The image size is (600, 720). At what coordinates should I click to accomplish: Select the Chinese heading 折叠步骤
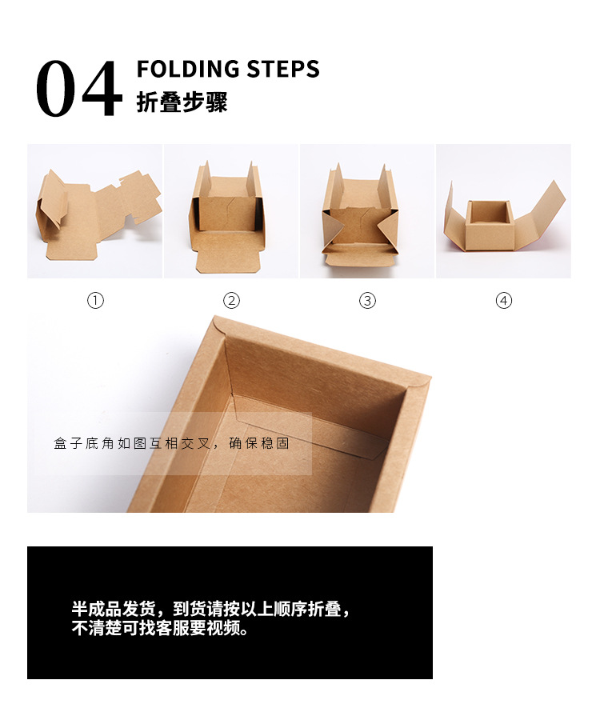tap(182, 103)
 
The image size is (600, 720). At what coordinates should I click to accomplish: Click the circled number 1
tap(96, 301)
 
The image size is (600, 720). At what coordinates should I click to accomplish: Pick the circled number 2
tap(231, 301)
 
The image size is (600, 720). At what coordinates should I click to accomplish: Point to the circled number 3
tap(367, 301)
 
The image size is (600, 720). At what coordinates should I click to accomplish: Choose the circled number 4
tap(503, 301)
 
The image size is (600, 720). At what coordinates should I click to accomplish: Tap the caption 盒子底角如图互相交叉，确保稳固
tap(171, 443)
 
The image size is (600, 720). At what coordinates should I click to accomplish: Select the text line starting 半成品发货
tap(211, 609)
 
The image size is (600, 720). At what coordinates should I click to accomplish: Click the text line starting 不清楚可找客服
tap(160, 628)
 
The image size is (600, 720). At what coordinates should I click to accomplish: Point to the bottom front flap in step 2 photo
tap(228, 254)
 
